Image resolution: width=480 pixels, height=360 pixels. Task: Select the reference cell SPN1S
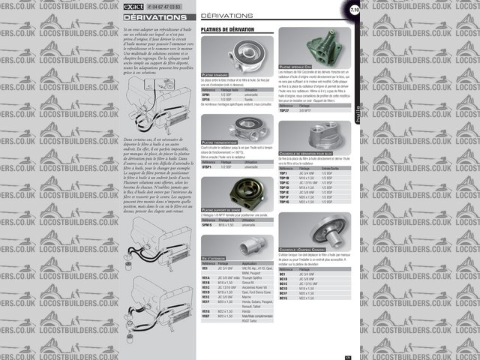(x=207, y=224)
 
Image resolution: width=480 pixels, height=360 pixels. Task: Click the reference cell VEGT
(x=205, y=316)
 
